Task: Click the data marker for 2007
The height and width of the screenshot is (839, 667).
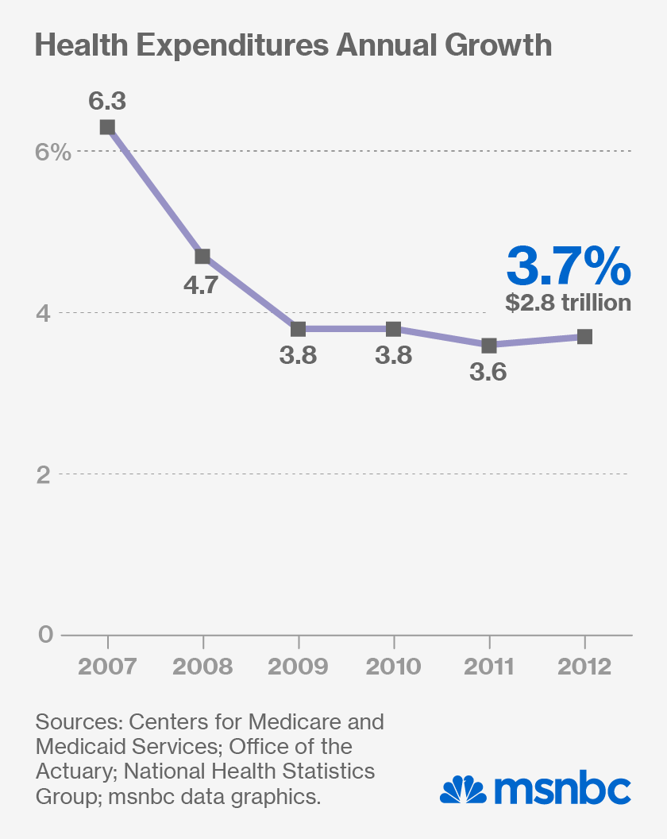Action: click(x=107, y=127)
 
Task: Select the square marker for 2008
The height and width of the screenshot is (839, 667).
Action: click(x=202, y=256)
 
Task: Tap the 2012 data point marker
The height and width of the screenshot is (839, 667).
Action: click(x=584, y=337)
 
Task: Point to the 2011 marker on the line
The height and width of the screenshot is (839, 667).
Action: click(x=489, y=345)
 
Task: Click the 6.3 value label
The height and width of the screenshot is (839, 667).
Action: click(x=107, y=101)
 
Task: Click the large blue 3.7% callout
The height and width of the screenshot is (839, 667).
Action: click(x=569, y=266)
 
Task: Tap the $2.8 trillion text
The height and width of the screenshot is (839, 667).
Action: click(x=569, y=303)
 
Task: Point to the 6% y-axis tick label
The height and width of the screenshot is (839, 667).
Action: click(x=53, y=151)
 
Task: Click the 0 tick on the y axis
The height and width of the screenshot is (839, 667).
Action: click(x=44, y=635)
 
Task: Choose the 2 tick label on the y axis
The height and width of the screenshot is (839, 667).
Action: click(x=44, y=474)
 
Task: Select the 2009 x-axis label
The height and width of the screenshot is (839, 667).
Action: click(x=298, y=666)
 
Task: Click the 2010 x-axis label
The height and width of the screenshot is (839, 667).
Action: click(x=394, y=666)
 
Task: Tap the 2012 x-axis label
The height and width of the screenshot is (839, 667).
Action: click(x=584, y=666)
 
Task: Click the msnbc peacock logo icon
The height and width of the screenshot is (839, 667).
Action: click(x=464, y=788)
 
